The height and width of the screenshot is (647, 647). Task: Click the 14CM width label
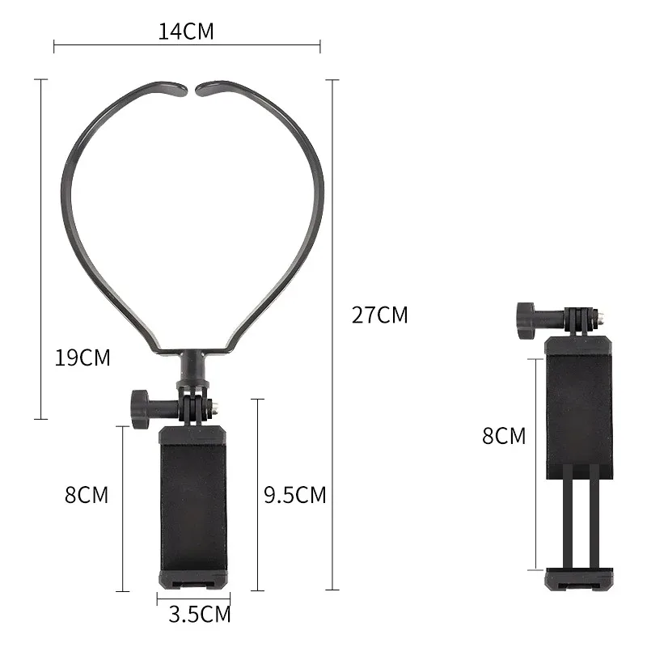(186, 32)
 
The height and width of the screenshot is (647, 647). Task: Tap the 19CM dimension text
(82, 357)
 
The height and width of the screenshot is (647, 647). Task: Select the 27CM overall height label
(380, 315)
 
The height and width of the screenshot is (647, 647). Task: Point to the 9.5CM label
(295, 495)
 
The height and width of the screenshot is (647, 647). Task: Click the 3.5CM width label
(200, 615)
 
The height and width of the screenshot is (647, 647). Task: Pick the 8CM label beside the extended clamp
(504, 436)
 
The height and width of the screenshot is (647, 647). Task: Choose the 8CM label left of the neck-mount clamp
(87, 495)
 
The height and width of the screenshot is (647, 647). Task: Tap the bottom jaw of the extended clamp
(579, 579)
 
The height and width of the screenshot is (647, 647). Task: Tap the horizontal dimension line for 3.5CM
(194, 598)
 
